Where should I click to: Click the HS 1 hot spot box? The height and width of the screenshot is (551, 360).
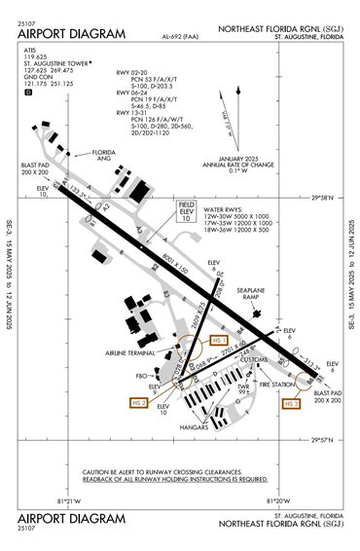[219, 341]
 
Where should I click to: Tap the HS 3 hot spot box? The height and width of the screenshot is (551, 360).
[290, 402]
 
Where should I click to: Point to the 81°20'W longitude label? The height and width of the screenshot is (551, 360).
[277, 502]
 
